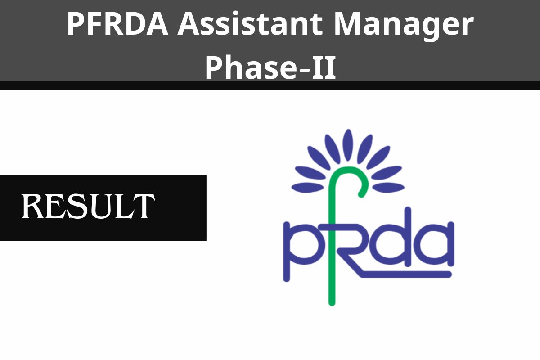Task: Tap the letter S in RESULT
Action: pyautogui.click(x=74, y=207)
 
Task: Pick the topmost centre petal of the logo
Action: pyautogui.click(x=347, y=143)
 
